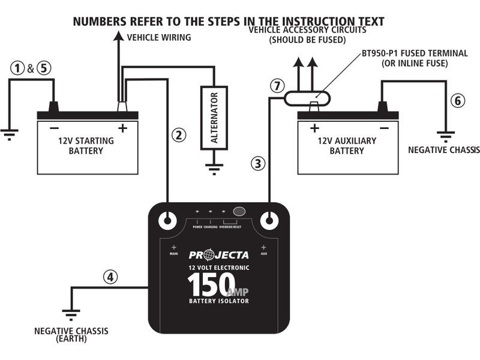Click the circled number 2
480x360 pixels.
(177, 135)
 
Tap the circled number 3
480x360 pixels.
(257, 163)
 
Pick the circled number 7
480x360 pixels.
(277, 86)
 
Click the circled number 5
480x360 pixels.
(43, 68)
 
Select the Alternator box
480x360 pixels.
(214, 117)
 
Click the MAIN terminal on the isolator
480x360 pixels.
(167, 220)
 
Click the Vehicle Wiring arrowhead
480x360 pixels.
(118, 38)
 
